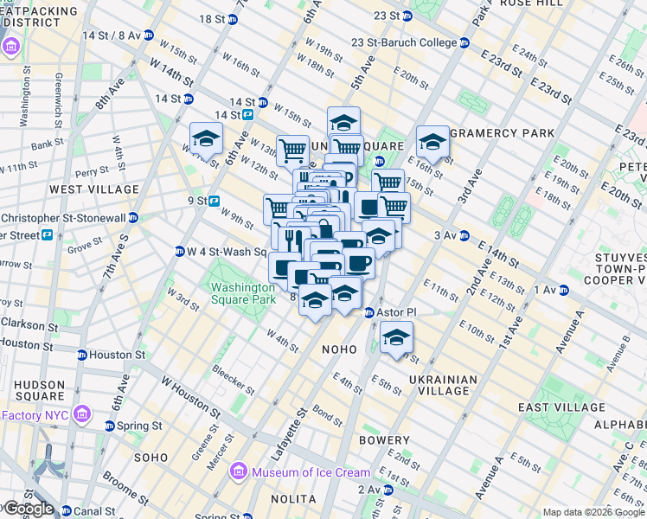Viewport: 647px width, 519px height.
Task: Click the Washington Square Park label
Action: (x=242, y=292)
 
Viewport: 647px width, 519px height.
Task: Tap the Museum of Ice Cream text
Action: (x=311, y=472)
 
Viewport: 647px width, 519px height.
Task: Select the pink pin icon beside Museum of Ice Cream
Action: (x=238, y=472)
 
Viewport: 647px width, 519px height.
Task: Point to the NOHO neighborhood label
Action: (x=339, y=349)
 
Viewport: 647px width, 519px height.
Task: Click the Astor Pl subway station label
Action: (x=396, y=312)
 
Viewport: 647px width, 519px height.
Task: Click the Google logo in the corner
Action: (x=29, y=509)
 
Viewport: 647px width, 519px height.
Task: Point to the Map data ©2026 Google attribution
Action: (x=593, y=511)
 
